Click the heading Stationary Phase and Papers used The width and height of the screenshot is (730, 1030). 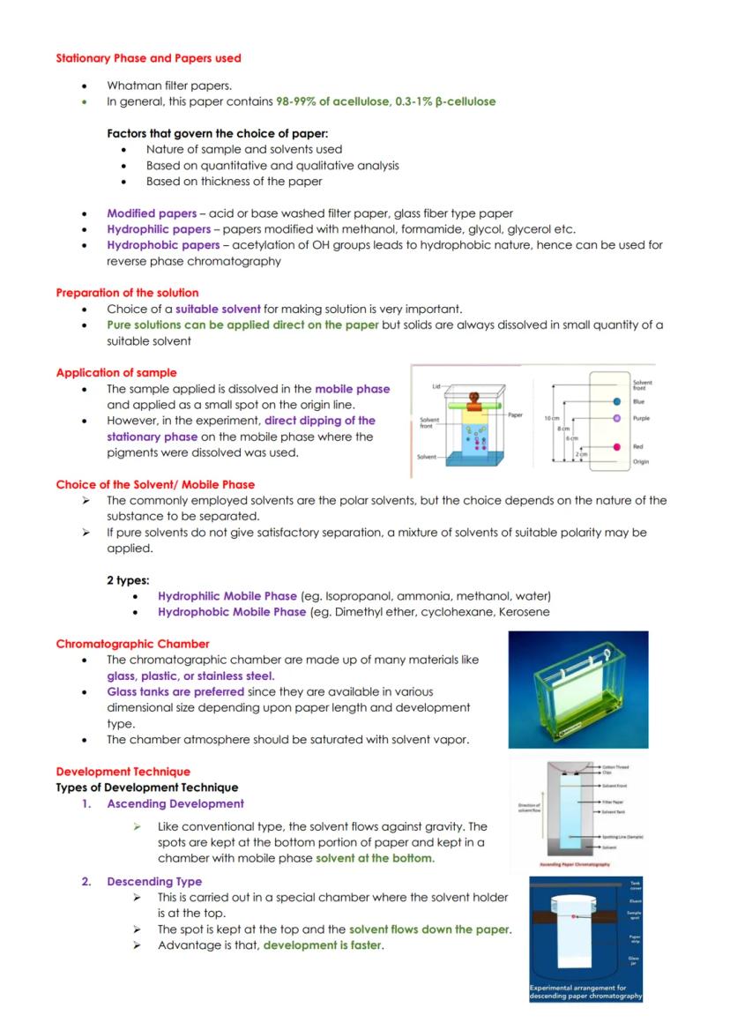tap(148, 58)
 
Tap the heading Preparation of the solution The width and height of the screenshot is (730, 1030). tap(127, 292)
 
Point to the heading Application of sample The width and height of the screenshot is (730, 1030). tap(115, 372)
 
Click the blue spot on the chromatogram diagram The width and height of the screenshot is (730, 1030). tap(615, 401)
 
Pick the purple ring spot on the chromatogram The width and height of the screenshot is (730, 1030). tap(615, 418)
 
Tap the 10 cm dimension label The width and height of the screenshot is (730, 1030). tap(553, 418)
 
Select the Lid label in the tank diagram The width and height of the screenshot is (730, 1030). tap(436, 386)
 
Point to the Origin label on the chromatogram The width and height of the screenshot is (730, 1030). tap(641, 461)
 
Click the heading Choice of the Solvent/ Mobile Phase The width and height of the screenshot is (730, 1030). tap(155, 484)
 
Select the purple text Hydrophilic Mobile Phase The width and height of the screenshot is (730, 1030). tap(227, 595)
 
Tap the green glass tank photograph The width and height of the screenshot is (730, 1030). tap(578, 690)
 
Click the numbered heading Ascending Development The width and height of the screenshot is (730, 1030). tap(175, 803)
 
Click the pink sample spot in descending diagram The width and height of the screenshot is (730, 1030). tap(574, 917)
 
